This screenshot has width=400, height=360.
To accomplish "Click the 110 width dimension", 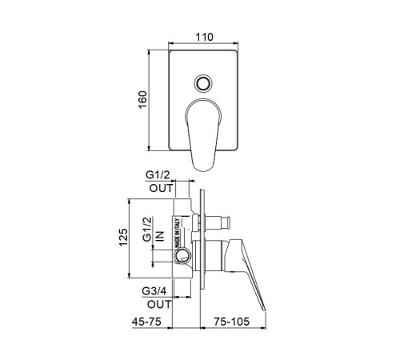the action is [x=205, y=37].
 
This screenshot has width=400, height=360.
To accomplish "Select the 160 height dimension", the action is [x=143, y=99].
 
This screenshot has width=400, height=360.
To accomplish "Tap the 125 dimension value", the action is [x=123, y=238].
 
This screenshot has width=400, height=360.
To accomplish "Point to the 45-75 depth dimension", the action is [x=146, y=322].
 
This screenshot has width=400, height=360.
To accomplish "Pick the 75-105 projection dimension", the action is [x=231, y=322].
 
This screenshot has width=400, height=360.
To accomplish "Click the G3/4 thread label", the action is [x=154, y=291].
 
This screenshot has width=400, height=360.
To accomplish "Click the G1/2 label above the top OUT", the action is [x=158, y=175].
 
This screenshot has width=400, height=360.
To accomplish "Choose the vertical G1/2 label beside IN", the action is [x=147, y=229].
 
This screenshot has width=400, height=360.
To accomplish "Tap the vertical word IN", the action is [x=160, y=236].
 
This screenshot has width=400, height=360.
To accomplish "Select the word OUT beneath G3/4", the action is [x=159, y=304].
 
